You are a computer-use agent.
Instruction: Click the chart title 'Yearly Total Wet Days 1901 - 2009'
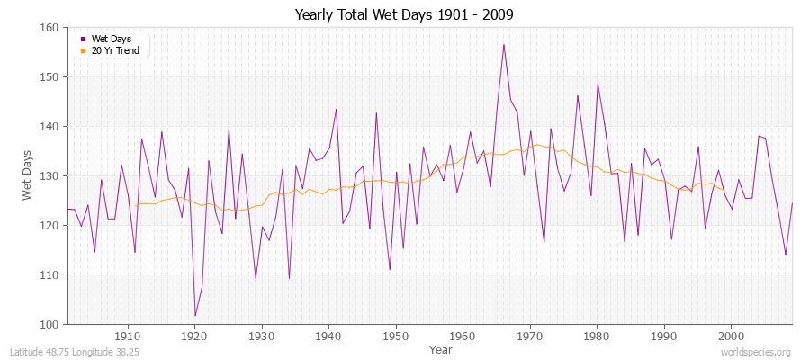coord(404,15)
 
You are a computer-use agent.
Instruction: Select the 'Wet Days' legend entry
coord(110,39)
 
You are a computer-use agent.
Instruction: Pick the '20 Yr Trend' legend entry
coord(115,50)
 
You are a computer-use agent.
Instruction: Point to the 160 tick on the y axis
coord(49,28)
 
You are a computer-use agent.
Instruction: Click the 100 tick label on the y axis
coord(49,324)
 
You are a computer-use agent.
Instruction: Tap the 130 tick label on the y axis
coord(49,176)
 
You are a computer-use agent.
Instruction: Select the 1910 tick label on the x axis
coord(128,336)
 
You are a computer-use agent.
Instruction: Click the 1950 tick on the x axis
coord(395,336)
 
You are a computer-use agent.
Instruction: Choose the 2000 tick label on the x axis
coord(730,336)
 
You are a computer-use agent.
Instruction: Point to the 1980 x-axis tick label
coord(596,336)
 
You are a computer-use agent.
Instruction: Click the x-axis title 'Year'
coord(441,349)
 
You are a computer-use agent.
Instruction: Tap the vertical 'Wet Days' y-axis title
coord(27,176)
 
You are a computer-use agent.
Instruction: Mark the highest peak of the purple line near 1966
coord(504,44)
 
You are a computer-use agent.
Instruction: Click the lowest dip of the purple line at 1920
coord(194,316)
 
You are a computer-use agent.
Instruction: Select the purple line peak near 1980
coord(598,84)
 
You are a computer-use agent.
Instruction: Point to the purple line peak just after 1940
coord(336,110)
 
